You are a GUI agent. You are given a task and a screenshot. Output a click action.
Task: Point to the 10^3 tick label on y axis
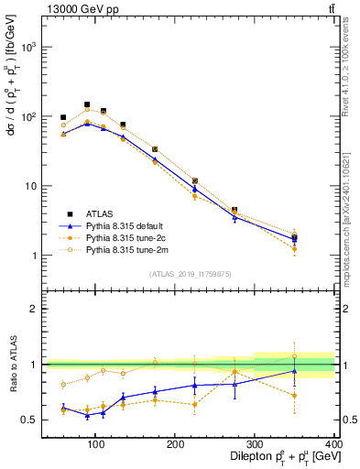pyautogui.click(x=26, y=47)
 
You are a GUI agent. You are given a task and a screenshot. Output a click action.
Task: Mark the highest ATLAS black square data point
pyautogui.click(x=87, y=104)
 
